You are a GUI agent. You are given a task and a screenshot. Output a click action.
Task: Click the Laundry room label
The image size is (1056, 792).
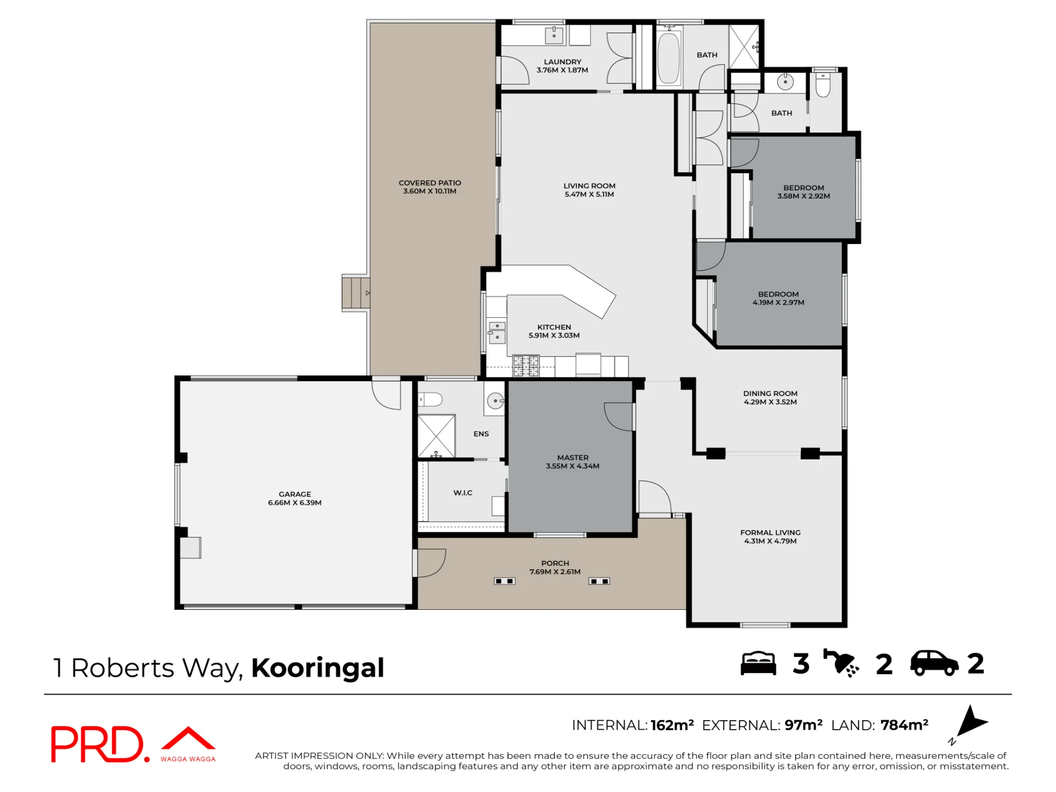(x=562, y=62)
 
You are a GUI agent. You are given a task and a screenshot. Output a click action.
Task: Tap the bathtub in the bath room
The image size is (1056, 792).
(x=668, y=58)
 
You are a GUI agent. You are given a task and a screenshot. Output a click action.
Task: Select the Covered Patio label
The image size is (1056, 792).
(x=430, y=183)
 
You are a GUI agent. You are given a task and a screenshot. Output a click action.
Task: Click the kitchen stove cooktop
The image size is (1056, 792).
(x=526, y=366)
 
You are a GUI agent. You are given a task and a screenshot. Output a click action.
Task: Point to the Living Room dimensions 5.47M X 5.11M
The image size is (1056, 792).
(x=589, y=194)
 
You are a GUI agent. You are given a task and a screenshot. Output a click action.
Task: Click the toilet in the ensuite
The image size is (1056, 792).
(x=430, y=399)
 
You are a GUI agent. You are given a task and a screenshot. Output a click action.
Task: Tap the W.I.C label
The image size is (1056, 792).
(x=463, y=493)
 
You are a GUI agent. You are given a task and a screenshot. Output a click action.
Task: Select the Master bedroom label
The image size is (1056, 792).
(x=573, y=457)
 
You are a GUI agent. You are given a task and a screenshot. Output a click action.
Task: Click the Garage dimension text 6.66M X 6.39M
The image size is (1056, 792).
(x=295, y=503)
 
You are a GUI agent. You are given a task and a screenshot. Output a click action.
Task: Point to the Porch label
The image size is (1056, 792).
(x=555, y=563)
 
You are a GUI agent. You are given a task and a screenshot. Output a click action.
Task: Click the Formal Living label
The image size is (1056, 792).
(x=770, y=533)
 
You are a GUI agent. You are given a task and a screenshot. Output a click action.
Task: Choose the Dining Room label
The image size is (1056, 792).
(x=770, y=393)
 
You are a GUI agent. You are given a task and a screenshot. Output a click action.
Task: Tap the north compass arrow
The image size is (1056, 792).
(x=970, y=722)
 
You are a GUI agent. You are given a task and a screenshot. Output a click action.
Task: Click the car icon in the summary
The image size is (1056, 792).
(x=935, y=663)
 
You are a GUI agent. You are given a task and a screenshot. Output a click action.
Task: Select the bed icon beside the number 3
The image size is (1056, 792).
(x=759, y=663)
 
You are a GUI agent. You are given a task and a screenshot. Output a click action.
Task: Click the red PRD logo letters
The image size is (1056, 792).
(x=97, y=744)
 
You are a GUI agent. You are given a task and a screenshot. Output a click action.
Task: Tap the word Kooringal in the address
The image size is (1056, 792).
(x=318, y=668)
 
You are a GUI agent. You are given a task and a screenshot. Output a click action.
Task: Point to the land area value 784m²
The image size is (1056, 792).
(x=904, y=725)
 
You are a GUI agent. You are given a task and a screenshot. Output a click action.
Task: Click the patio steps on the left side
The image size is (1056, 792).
(x=355, y=293)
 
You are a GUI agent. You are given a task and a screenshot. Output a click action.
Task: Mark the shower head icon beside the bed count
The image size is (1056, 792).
(x=841, y=663)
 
